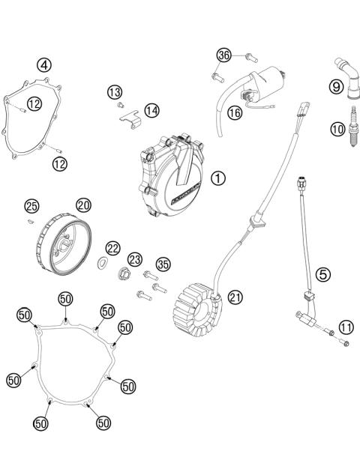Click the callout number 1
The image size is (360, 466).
[217, 178]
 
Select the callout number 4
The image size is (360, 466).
[46, 65]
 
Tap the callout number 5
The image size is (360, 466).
[323, 274]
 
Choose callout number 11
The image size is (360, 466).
[345, 326]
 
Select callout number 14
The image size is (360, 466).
[151, 110]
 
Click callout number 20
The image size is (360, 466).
[82, 205]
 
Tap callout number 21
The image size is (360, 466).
[235, 297]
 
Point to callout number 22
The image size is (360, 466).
[112, 248]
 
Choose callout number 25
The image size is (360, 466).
[31, 205]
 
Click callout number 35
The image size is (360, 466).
[163, 263]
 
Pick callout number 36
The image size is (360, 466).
[223, 55]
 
